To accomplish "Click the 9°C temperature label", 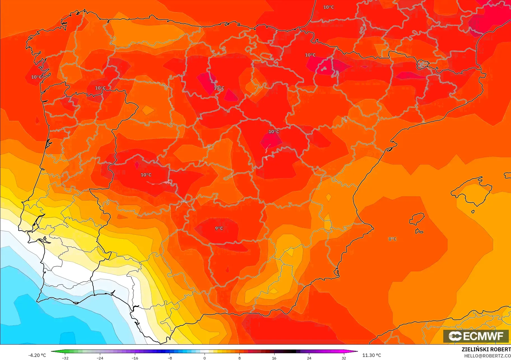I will click(x=219, y=228).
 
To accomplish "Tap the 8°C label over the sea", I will click(x=392, y=239).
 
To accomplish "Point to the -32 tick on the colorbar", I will click(x=65, y=358).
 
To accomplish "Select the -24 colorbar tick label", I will click(x=100, y=358).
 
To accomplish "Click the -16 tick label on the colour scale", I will click(x=135, y=358).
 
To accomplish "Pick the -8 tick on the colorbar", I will click(x=170, y=358).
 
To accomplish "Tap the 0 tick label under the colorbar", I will click(x=205, y=358).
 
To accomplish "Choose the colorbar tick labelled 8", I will click(x=240, y=358).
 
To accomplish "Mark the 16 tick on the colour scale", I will click(x=274, y=358).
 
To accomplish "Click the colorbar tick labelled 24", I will click(x=309, y=358).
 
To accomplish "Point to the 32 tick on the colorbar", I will click(x=344, y=358).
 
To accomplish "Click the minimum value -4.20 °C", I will click(x=37, y=355).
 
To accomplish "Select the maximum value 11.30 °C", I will click(x=372, y=355).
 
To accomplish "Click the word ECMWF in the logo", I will click(x=483, y=336).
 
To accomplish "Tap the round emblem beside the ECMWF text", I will click(x=455, y=336).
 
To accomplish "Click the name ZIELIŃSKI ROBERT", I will click(x=486, y=349).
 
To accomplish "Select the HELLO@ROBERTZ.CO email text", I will click(x=487, y=356).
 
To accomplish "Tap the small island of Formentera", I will click(x=419, y=231).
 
